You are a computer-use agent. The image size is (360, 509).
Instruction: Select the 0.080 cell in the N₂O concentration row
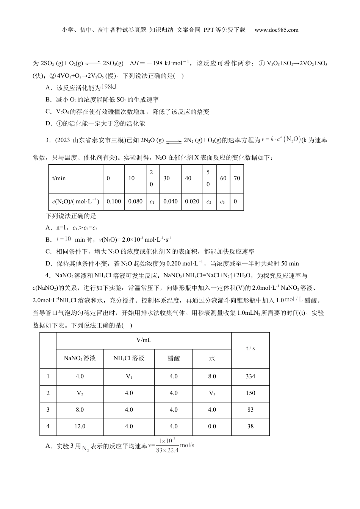click(135, 201)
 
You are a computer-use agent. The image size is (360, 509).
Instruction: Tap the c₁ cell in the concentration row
click(152, 201)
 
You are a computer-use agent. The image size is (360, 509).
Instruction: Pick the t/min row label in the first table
click(59, 178)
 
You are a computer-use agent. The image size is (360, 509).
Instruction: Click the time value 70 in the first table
click(236, 178)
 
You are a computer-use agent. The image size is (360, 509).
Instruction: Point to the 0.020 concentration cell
click(192, 201)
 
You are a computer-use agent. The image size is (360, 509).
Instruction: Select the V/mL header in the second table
click(144, 340)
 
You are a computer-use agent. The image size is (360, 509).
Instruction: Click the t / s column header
click(250, 348)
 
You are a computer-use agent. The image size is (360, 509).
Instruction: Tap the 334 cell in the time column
click(250, 376)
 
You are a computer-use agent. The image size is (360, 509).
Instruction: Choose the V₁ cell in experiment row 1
click(129, 376)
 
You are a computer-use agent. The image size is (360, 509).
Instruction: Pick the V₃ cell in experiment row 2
click(212, 393)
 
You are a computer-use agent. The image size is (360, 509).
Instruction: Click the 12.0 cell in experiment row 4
click(80, 426)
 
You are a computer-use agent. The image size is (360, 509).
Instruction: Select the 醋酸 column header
click(174, 358)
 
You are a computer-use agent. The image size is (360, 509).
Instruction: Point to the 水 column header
click(212, 358)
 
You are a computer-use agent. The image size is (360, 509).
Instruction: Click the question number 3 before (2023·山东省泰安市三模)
click(48, 141)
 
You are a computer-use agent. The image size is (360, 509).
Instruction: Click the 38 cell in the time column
click(250, 426)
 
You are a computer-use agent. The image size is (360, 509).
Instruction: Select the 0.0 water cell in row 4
click(212, 426)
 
